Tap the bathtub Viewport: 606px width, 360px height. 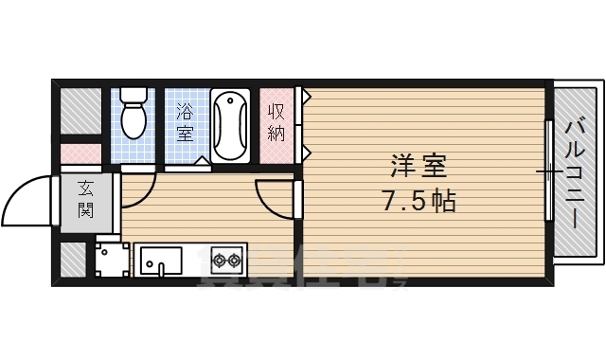[230, 126]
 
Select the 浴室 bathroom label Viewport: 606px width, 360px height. [184, 122]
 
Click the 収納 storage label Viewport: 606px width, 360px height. [276, 121]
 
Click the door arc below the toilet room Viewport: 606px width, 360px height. [137, 190]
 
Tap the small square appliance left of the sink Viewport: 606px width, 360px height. [112, 259]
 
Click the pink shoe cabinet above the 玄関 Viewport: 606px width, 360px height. [80, 153]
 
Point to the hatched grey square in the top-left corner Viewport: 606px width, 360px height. [80, 110]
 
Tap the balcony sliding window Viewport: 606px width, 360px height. [549, 171]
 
